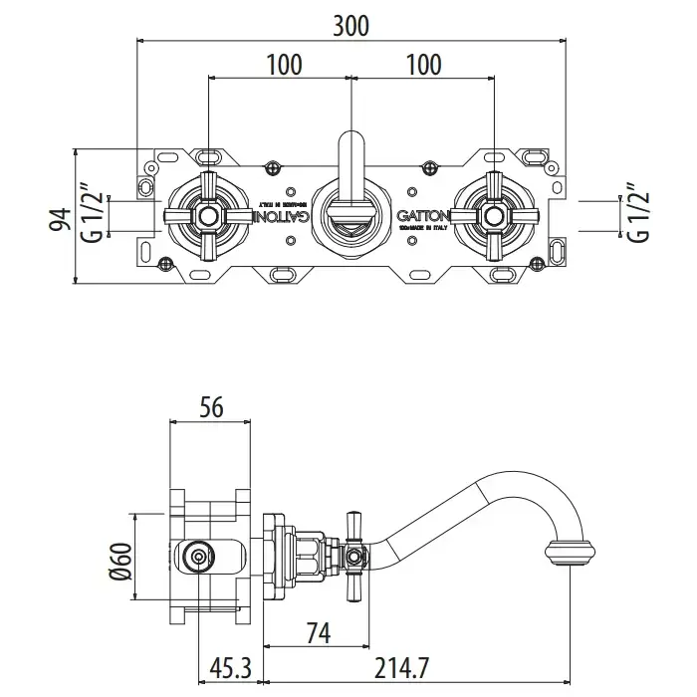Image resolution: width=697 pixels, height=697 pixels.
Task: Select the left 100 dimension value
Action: click(284, 65)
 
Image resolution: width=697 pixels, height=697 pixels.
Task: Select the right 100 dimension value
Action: click(424, 65)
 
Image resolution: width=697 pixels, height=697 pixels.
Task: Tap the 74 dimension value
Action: click(316, 633)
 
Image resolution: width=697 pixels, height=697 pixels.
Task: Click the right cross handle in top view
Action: click(493, 215)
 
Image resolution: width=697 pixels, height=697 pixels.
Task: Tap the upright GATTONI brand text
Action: click(426, 215)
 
